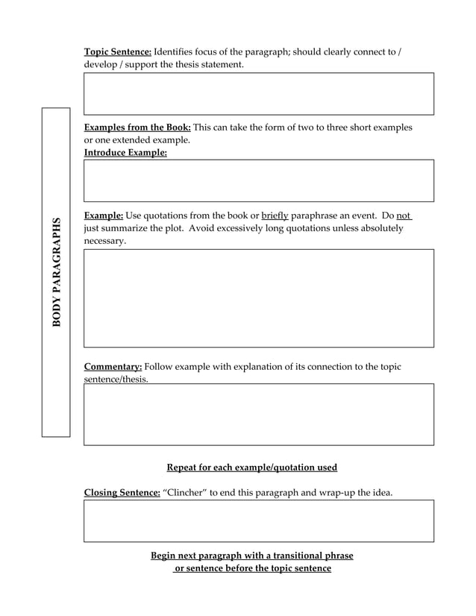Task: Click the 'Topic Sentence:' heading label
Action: click(x=118, y=51)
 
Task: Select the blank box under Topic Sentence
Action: click(x=258, y=93)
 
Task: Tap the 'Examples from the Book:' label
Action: click(x=137, y=128)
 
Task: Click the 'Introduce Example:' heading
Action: click(x=125, y=152)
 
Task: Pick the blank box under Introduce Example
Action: click(x=258, y=180)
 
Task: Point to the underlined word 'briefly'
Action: click(x=275, y=216)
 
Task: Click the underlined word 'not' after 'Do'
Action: click(x=404, y=216)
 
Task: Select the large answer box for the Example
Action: click(x=258, y=298)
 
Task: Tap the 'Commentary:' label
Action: click(x=113, y=367)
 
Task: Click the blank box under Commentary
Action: click(x=258, y=415)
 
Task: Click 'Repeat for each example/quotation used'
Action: click(x=251, y=468)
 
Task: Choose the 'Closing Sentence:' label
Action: click(x=122, y=493)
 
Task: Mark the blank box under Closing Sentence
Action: click(x=258, y=521)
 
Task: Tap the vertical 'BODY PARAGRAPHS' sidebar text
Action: click(x=56, y=272)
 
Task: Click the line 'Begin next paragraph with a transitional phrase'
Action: click(x=251, y=556)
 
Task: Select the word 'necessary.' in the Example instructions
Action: click(x=105, y=241)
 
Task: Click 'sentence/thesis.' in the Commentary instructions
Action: click(x=116, y=380)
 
